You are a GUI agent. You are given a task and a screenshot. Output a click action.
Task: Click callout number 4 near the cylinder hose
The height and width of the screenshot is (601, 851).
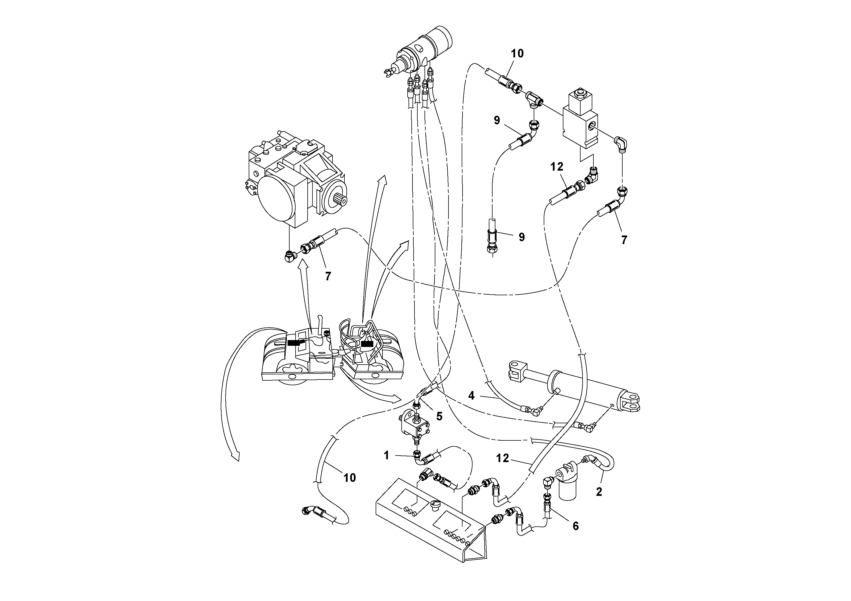(x=471, y=396)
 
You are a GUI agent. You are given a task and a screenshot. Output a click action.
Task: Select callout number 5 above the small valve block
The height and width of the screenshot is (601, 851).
(x=439, y=416)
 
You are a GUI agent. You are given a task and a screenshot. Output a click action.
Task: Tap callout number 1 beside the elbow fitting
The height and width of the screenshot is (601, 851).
(x=386, y=455)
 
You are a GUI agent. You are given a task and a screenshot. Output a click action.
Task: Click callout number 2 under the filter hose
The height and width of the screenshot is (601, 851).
(x=599, y=492)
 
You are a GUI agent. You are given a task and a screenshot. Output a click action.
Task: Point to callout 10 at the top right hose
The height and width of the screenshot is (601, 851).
(x=517, y=53)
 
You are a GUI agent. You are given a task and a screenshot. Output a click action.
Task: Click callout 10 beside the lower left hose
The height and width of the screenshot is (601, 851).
(x=350, y=478)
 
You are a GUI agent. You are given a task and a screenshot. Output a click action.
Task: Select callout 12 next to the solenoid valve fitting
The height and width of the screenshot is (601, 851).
(x=557, y=167)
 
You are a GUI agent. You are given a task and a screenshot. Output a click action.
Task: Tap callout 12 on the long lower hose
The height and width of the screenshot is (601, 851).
(x=503, y=458)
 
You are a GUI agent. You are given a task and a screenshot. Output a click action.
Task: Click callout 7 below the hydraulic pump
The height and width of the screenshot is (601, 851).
(x=328, y=276)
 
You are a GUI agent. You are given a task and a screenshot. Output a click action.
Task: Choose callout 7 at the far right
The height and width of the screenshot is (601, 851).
(x=624, y=240)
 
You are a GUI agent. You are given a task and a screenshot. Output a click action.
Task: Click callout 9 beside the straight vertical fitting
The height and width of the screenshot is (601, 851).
(x=521, y=237)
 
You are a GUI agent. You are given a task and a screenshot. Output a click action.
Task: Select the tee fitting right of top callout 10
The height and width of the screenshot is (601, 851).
(x=533, y=99)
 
